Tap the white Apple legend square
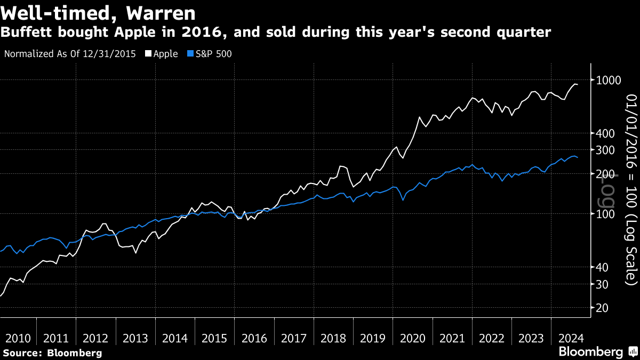click(148, 54)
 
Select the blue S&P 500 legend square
click(189, 54)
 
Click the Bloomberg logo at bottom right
click(590, 352)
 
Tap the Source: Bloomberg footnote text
click(52, 353)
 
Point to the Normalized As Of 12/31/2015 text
click(69, 54)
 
